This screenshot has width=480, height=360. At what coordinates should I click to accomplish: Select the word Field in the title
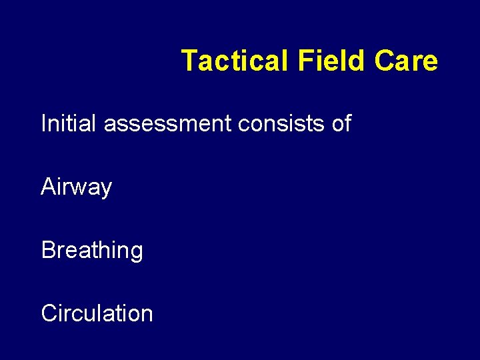331,61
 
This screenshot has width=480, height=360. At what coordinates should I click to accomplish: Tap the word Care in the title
406,61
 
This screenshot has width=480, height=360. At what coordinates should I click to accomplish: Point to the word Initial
69,123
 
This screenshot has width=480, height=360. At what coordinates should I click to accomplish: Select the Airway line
76,187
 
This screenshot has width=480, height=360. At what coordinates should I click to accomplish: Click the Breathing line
92,251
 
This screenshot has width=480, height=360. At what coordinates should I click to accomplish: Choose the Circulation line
97,313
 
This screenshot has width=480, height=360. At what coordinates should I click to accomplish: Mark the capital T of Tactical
189,61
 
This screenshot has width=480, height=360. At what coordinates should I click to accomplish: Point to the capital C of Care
385,61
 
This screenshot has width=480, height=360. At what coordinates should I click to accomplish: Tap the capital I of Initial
44,123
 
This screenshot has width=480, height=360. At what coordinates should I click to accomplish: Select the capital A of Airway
49,187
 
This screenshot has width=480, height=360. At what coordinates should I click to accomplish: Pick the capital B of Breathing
49,250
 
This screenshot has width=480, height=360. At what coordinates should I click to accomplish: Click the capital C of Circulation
49,313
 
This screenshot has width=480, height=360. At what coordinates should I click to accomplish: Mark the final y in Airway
105,190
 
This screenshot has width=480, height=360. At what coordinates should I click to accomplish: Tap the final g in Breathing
136,253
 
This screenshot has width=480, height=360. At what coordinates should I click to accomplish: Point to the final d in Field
359,61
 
